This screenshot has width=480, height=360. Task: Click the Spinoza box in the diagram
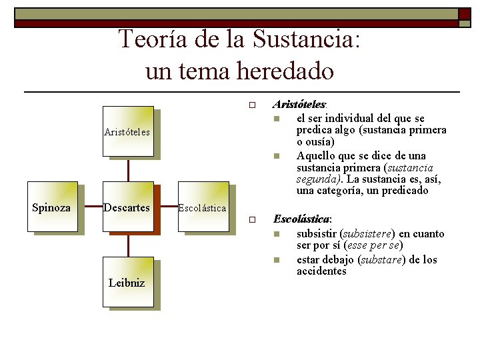point(51,207)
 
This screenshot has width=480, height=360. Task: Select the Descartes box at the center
point(127,207)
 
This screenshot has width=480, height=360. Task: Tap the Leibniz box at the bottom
point(127,283)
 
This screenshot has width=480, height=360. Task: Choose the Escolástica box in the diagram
point(202,207)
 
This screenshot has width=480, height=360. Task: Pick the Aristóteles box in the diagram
point(127,131)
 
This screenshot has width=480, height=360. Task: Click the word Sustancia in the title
point(306,39)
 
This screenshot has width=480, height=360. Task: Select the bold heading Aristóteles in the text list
point(299,105)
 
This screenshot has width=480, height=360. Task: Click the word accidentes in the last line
point(321,271)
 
